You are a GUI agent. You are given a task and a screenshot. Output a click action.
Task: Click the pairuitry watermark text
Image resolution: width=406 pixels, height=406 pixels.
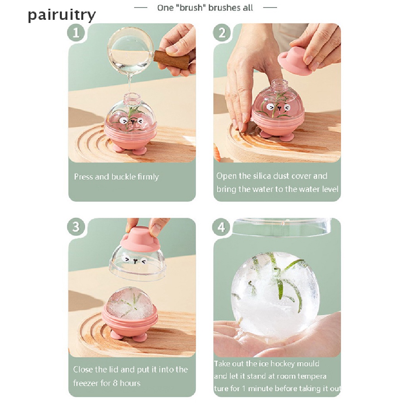pos(61,15)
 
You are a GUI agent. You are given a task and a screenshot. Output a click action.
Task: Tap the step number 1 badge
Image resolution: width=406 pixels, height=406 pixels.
pos(76,33)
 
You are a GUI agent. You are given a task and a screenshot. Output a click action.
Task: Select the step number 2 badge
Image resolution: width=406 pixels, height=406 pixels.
pos(222,33)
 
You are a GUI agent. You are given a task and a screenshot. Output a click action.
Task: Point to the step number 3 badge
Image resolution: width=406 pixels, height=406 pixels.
pos(76,227)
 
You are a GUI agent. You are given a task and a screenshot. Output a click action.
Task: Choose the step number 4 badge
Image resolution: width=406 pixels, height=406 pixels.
pos(221,227)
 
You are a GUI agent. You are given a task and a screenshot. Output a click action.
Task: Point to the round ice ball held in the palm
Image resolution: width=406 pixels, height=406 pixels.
pos(275,295)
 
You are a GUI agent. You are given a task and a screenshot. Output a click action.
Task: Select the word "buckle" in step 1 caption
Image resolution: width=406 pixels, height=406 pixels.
pos(124,177)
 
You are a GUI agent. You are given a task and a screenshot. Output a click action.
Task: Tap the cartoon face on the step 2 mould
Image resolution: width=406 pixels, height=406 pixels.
pos(278,107)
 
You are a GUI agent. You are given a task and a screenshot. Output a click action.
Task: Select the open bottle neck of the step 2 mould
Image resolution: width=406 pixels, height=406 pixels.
pos(280,86)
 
